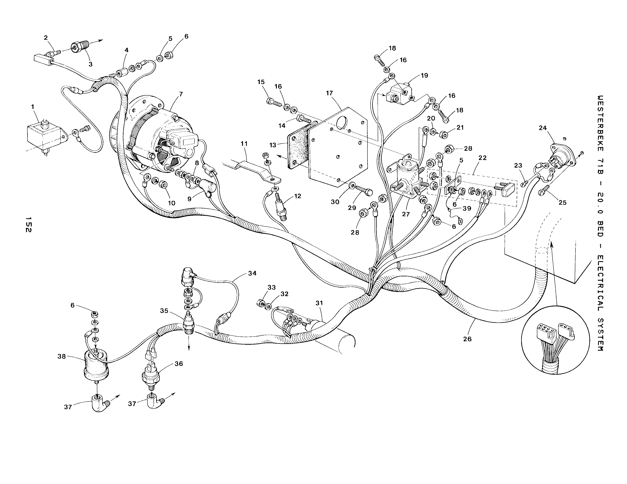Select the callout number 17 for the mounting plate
point(329,93)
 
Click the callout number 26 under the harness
point(467,339)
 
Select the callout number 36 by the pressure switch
point(179,364)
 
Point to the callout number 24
point(543,128)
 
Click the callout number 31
point(319,303)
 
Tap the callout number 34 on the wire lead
point(252,274)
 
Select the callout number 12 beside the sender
point(298,196)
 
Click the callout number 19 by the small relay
point(424,75)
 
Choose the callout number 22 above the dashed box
point(483,158)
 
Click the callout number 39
point(467,208)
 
